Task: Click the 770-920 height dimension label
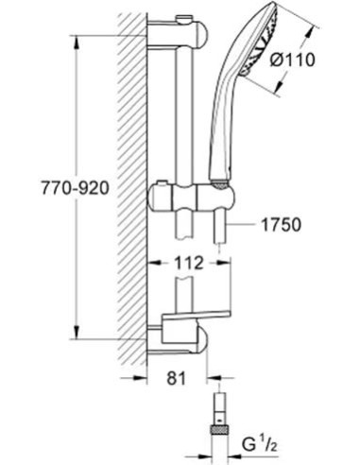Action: click(76, 188)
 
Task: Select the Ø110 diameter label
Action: click(292, 60)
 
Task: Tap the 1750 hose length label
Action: click(281, 225)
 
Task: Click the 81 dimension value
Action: click(177, 378)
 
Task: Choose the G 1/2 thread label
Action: click(260, 444)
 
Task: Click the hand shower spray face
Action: click(262, 40)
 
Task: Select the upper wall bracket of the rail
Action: click(178, 33)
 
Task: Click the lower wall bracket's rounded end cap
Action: click(202, 339)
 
